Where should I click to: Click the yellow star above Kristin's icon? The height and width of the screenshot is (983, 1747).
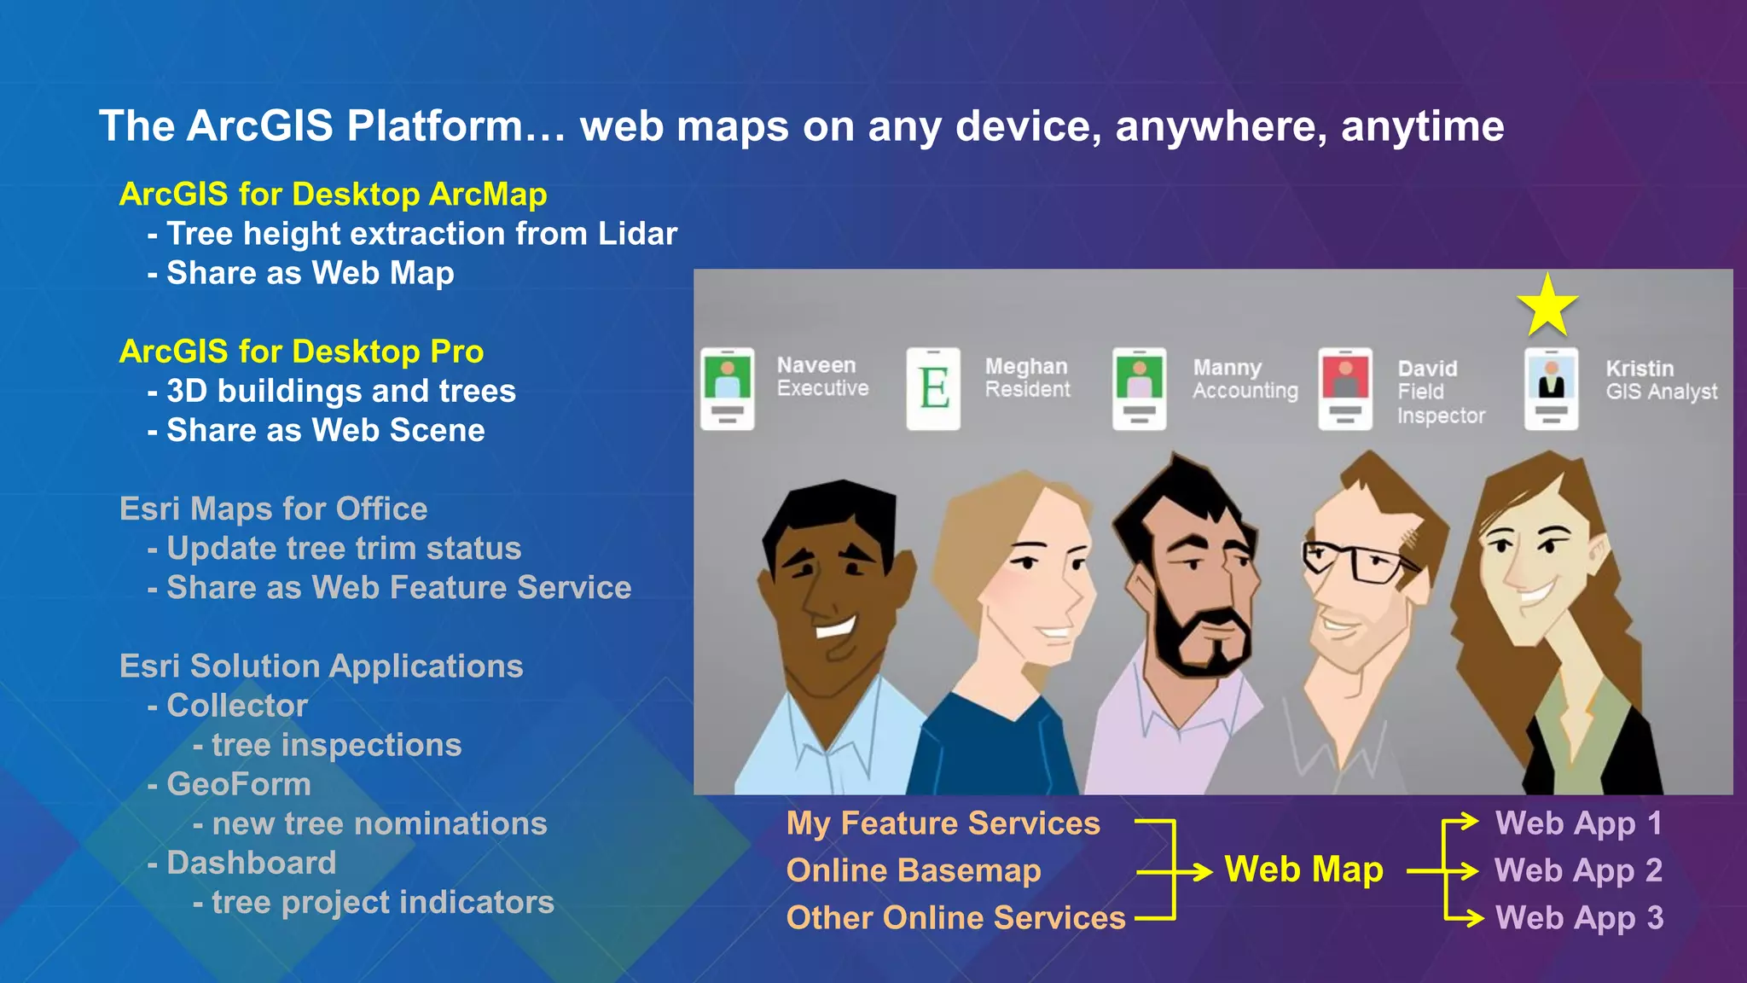pos(1547,305)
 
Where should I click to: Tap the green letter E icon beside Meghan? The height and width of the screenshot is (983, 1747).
pos(933,388)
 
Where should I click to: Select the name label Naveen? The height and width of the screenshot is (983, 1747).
pos(815,365)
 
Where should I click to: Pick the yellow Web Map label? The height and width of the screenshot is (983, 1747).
pos(1303,870)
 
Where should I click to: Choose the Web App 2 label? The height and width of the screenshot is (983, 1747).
pos(1578,870)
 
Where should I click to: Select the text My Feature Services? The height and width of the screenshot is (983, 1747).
pos(943,823)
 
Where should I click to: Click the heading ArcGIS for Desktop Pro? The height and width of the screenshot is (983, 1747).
pos(301,352)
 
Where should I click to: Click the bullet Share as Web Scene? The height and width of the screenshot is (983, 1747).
pos(325,430)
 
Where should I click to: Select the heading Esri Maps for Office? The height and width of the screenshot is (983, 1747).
pos(273,509)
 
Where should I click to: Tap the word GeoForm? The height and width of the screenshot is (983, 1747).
pos(239,784)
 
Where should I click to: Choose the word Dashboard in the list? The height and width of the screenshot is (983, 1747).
pos(252,863)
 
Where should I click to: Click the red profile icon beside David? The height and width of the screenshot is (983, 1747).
pos(1344,388)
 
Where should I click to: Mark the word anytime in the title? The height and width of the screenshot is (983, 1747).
pos(1422,126)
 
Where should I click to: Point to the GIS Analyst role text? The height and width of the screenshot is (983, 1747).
pos(1661,392)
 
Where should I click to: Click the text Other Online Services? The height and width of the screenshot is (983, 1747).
pos(955,918)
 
